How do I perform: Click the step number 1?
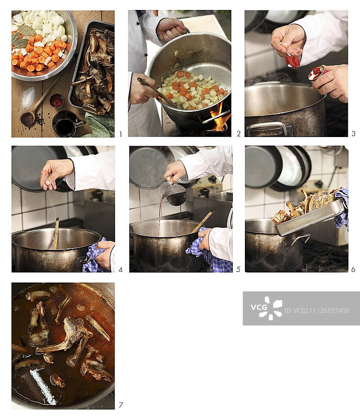pos(120,134)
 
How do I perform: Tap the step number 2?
pos(238,134)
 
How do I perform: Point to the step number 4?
pos(120,270)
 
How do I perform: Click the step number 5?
pos(238,270)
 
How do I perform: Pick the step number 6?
pos(353,270)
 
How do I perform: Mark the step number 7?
pos(120,405)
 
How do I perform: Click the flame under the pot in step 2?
pos(220,119)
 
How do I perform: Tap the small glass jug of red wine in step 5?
pos(174,193)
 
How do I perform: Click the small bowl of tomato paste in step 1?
pos(57,100)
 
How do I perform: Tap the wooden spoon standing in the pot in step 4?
pos(55,234)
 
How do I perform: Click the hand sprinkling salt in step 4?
pos(56,172)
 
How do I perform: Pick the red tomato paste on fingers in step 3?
pos(293,61)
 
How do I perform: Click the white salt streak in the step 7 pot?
pos(44,386)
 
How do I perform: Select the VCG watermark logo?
pos(266,308)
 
